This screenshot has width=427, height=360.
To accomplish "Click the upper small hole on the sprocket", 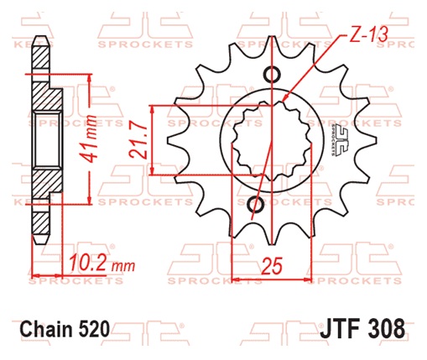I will tap(273, 73).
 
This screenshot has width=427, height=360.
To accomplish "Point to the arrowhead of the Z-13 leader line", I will tap(287, 97).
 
